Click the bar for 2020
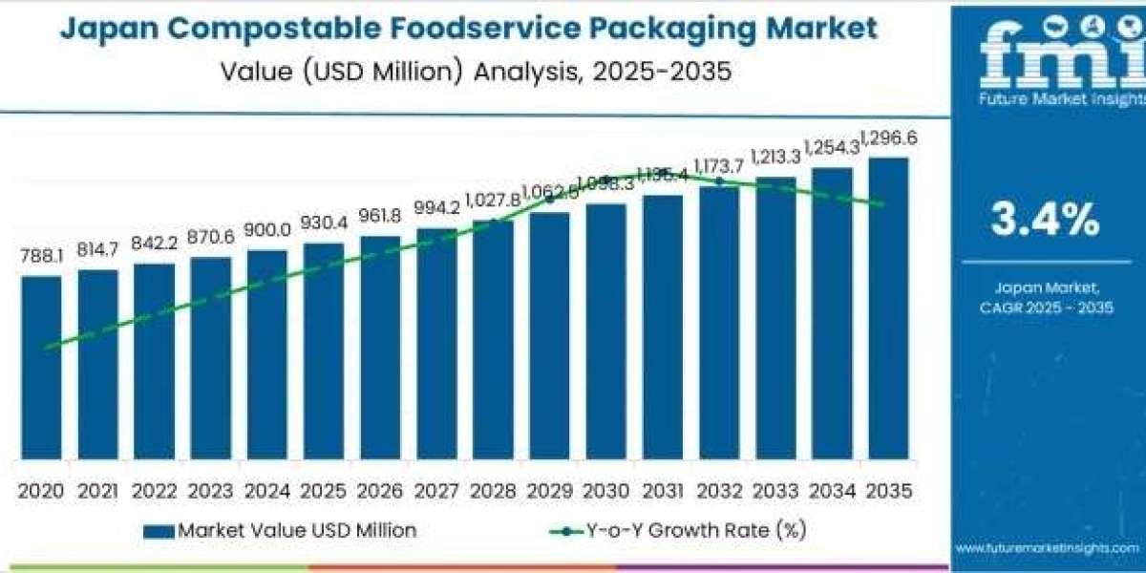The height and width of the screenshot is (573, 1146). (41, 368)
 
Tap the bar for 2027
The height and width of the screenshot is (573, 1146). (436, 344)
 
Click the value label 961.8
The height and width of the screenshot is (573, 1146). (380, 216)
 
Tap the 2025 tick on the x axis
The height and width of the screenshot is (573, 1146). (324, 491)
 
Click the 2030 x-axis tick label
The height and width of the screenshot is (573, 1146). (606, 491)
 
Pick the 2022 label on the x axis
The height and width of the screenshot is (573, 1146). (154, 491)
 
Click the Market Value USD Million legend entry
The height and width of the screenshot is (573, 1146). (281, 530)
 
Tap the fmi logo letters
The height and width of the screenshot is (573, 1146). (1047, 56)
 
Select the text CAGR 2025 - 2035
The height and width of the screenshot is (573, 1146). (1045, 307)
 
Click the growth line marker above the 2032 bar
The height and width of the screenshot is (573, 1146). (719, 180)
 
